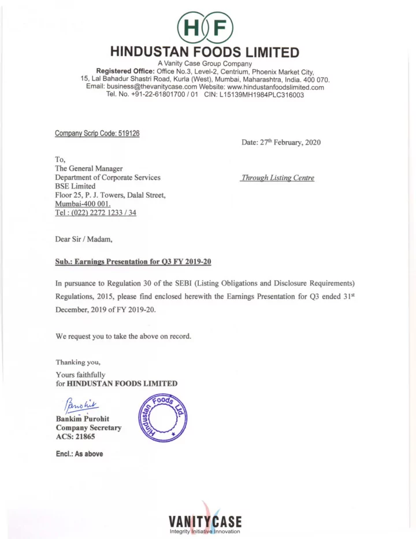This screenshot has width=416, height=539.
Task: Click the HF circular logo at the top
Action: (x=207, y=27)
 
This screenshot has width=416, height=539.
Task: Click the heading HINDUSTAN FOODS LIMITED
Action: (x=207, y=53)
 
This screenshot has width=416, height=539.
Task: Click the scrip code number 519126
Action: (x=128, y=133)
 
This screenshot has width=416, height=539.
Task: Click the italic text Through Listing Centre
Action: (x=278, y=178)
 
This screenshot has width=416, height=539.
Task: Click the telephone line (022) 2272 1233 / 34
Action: (x=96, y=212)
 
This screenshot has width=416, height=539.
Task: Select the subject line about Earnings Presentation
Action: (x=133, y=261)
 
